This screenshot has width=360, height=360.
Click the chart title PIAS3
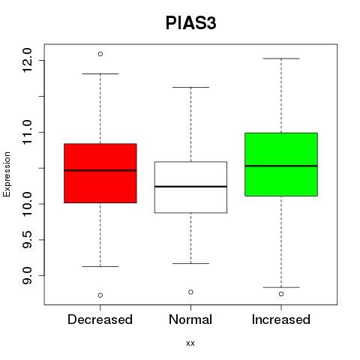(x=190, y=23)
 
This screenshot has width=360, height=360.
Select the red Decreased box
(x=100, y=173)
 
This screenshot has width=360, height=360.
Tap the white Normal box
(x=190, y=187)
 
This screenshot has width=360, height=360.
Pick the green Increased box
(x=281, y=164)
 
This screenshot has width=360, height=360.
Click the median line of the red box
(x=100, y=170)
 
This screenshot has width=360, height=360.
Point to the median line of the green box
(x=281, y=166)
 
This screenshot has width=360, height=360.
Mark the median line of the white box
(x=190, y=187)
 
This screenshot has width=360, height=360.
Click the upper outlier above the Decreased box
(x=100, y=54)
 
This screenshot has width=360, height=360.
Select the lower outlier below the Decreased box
(x=100, y=295)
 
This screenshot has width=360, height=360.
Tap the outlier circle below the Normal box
(x=190, y=292)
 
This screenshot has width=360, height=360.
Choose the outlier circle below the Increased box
(x=281, y=294)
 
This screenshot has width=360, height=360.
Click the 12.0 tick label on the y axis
(x=27, y=60)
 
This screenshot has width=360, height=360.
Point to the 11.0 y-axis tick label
(x=27, y=132)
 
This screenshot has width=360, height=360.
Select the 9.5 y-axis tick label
(x=27, y=239)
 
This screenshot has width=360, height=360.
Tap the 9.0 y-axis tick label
(x=27, y=275)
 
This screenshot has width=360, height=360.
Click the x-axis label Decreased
(x=100, y=319)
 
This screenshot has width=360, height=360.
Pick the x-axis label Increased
(x=281, y=319)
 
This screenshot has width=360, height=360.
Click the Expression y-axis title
(x=7, y=174)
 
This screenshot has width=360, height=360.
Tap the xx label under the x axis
(x=190, y=343)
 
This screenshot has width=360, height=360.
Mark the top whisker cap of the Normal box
(x=190, y=87)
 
